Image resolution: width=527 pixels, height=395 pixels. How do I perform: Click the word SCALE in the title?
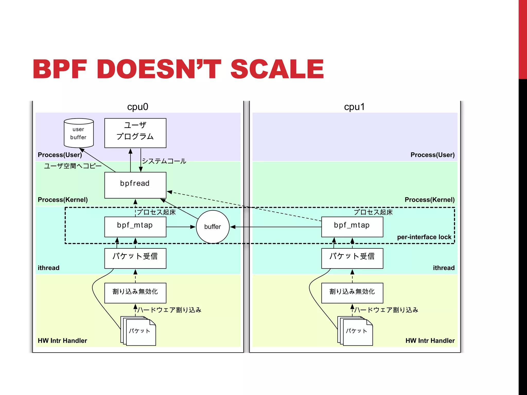277,69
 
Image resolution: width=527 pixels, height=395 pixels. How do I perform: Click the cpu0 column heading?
138,107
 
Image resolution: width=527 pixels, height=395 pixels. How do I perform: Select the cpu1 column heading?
354,107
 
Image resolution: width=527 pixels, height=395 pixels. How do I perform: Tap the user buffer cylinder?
78,133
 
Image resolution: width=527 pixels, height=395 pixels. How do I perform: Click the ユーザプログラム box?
135,133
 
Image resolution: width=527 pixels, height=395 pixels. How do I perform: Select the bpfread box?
135,185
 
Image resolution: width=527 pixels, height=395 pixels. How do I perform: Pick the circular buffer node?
213,227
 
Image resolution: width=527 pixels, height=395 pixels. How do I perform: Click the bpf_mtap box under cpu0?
135,227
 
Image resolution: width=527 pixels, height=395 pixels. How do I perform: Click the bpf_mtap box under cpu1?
352,227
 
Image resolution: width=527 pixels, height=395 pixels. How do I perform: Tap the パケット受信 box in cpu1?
352,258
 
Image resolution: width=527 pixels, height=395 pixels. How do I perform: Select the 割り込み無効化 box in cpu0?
135,293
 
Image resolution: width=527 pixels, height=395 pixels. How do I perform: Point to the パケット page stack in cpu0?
139,331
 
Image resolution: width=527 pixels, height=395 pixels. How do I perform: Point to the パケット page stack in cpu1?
356,331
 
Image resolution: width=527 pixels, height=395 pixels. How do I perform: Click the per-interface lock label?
424,237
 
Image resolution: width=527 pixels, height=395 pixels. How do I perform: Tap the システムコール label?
164,161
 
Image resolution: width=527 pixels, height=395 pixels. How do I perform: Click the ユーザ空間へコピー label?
73,166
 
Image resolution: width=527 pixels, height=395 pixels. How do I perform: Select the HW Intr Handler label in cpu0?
62,340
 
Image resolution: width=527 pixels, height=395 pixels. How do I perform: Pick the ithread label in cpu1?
443,268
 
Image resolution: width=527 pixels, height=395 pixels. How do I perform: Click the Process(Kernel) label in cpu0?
63,200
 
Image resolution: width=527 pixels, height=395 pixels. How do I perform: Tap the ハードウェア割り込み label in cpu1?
386,310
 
